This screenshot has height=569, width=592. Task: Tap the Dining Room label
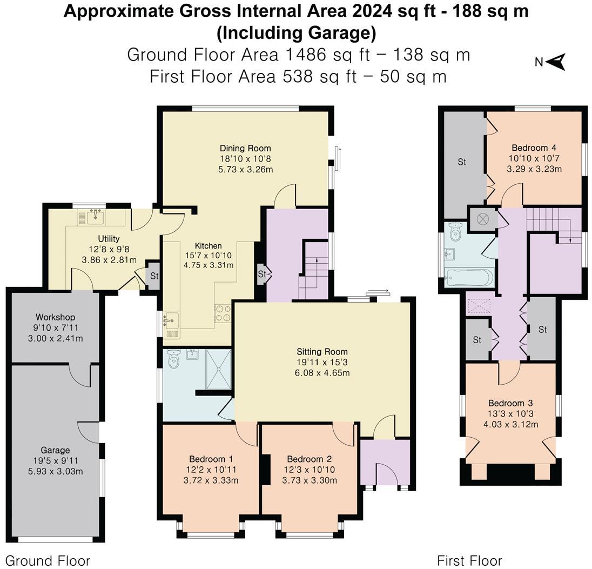[x=245, y=148]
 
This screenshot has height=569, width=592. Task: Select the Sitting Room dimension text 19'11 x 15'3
[x=322, y=363]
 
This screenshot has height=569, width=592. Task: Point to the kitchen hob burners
[x=223, y=313]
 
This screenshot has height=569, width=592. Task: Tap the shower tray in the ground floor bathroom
[x=218, y=369]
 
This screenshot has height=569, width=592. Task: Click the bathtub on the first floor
[x=469, y=278]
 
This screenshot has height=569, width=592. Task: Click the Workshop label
[x=56, y=317]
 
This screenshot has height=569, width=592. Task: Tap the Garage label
[x=56, y=450]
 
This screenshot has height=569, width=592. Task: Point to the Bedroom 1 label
[x=211, y=459]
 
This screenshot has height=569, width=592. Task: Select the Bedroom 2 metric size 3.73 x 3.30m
[x=310, y=480]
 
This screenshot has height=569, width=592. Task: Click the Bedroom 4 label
[x=534, y=148]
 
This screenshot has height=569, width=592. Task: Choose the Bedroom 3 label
[x=510, y=403]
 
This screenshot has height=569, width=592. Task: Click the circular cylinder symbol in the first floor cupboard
[x=482, y=219]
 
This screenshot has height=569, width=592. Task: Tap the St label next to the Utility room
[x=154, y=276]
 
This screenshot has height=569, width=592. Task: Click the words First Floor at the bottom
[x=470, y=560]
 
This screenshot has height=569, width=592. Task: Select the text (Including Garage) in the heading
[x=297, y=33]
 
